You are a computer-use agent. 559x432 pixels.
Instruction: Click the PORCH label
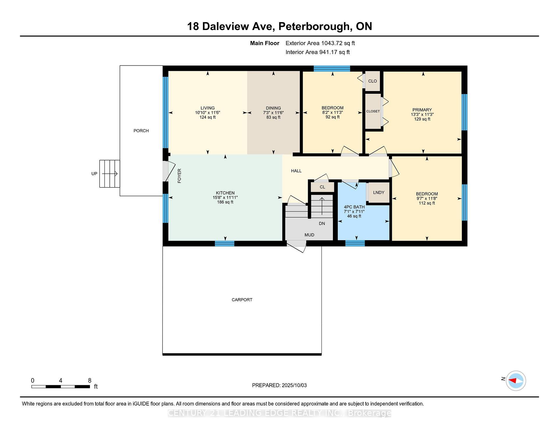click(x=141, y=131)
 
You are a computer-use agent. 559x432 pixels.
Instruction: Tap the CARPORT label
click(x=242, y=300)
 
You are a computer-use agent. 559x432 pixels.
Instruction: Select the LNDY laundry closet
click(x=378, y=192)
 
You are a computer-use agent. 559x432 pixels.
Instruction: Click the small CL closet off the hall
click(x=322, y=187)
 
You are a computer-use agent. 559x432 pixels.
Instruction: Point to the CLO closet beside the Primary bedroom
click(x=372, y=81)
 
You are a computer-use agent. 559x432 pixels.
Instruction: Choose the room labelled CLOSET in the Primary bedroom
click(x=373, y=111)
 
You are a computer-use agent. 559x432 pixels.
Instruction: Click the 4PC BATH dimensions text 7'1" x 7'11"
click(x=354, y=212)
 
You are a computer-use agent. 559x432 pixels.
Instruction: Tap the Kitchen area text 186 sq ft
click(x=225, y=202)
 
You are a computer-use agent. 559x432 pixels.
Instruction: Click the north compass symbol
click(x=516, y=380)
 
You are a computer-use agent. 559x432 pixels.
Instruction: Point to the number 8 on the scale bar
click(x=90, y=380)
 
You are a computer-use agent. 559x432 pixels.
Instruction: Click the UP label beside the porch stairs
click(x=94, y=173)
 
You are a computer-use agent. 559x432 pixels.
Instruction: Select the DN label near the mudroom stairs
click(x=322, y=224)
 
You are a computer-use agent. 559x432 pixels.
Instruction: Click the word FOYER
click(x=179, y=176)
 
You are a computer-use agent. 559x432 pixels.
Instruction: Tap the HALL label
click(x=296, y=171)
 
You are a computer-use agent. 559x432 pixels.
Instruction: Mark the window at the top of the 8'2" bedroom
click(x=332, y=69)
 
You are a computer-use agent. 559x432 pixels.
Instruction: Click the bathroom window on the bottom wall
click(x=355, y=243)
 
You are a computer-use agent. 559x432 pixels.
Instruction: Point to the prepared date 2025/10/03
click(x=294, y=385)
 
